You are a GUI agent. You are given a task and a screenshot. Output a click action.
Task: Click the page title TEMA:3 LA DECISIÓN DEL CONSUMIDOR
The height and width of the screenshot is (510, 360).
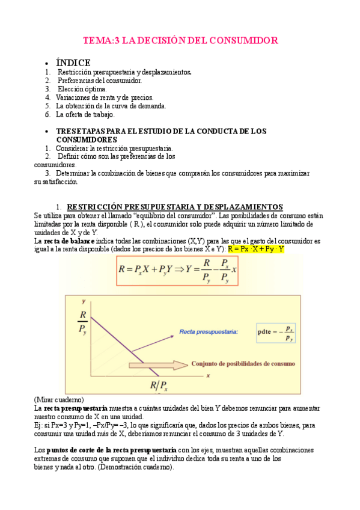(x=180, y=41)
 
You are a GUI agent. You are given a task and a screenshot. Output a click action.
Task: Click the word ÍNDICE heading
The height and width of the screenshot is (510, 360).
(x=73, y=63)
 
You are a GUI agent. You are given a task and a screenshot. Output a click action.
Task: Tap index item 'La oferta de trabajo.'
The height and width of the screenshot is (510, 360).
(x=85, y=114)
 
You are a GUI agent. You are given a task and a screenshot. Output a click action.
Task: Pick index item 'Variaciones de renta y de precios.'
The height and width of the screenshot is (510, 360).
(x=105, y=97)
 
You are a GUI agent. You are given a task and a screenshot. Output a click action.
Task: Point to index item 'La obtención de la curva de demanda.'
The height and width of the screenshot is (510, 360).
(x=111, y=106)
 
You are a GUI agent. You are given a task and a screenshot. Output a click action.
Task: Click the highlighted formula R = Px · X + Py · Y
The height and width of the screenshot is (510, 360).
(x=256, y=249)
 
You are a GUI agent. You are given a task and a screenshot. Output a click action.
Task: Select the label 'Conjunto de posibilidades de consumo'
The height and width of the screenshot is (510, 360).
(x=243, y=363)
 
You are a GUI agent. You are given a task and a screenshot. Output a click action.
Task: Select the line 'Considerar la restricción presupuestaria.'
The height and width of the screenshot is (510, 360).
(x=114, y=148)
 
